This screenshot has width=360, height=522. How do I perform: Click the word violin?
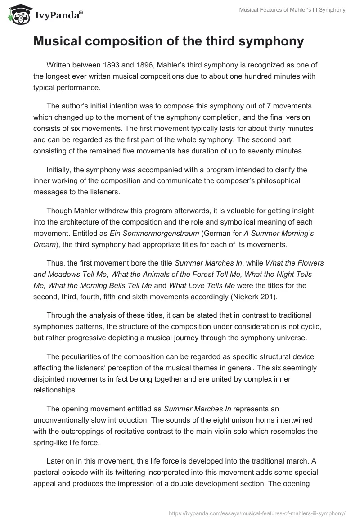coord(243,431)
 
